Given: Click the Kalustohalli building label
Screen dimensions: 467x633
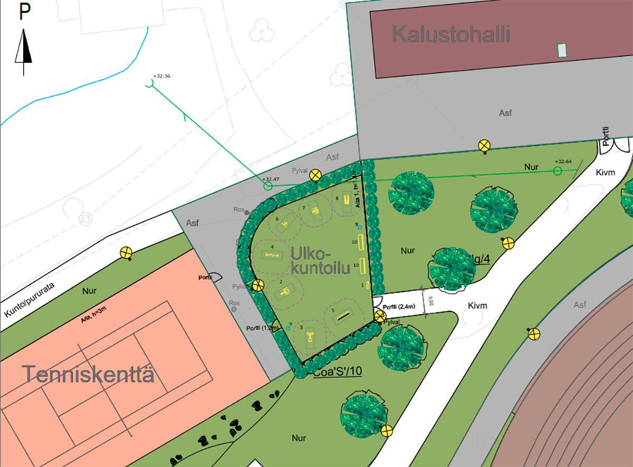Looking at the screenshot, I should [x=451, y=35].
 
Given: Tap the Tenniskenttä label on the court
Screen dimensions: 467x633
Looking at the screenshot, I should [x=89, y=375].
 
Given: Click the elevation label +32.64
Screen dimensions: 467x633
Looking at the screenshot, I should [x=563, y=161].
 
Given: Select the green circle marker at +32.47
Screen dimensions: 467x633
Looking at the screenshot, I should [x=268, y=186].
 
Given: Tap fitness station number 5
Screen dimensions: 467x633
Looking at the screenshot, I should [x=344, y=315].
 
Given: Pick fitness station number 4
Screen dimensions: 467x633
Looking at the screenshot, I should [x=273, y=255].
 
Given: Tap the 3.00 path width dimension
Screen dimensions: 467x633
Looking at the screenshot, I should [x=431, y=301].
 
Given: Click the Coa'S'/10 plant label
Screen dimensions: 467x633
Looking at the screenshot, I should [x=338, y=373].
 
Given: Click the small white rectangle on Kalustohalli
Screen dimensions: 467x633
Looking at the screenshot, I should [x=562, y=50].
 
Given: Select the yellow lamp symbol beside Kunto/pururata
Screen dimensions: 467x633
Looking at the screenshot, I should [x=126, y=253].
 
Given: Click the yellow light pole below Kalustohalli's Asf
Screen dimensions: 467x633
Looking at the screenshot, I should [x=484, y=146].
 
